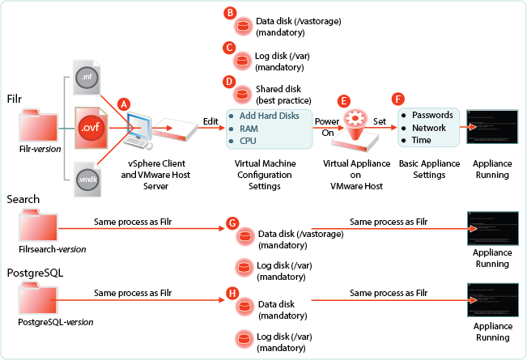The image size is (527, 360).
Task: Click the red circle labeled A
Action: point(124,104)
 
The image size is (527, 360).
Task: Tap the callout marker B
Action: point(230,13)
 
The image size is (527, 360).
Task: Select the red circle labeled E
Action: point(344,101)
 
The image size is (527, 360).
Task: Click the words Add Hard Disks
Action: point(270,116)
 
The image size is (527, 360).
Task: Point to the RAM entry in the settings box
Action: point(248,128)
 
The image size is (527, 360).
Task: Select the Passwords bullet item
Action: point(433,116)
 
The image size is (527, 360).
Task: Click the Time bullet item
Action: point(422,140)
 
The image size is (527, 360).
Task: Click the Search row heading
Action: point(23,198)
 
